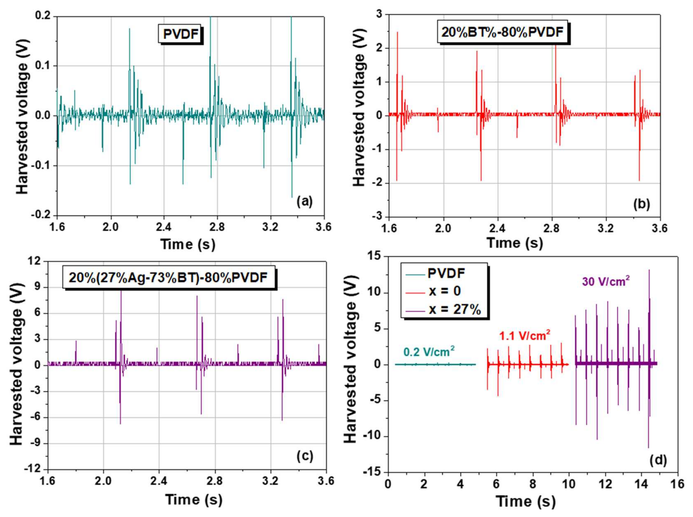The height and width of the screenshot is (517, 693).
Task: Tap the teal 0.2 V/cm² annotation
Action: [429, 352]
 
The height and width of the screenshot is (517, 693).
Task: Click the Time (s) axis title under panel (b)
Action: [515, 243]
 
